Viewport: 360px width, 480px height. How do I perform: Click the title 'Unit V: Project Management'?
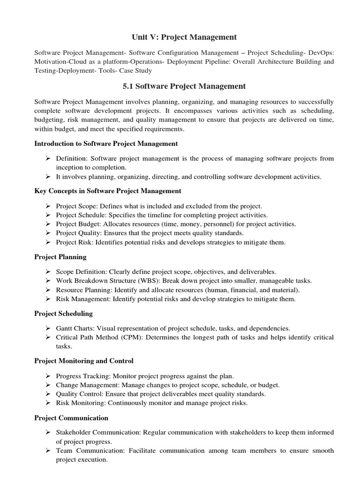pyautogui.click(x=180, y=37)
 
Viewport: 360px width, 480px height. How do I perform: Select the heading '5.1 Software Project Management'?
pyautogui.click(x=180, y=86)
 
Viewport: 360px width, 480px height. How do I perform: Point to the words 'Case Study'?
pyautogui.click(x=136, y=70)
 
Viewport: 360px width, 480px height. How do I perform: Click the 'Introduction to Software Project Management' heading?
pyautogui.click(x=106, y=143)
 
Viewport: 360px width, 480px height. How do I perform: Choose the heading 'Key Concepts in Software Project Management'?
pyautogui.click(x=108, y=191)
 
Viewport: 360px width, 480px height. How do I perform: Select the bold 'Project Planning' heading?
pyautogui.click(x=60, y=257)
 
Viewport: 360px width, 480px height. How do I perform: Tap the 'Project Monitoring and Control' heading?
pyautogui.click(x=84, y=360)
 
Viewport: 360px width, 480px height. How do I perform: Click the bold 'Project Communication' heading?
pyautogui.click(x=71, y=418)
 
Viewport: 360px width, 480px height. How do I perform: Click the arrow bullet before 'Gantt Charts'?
pyautogui.click(x=48, y=328)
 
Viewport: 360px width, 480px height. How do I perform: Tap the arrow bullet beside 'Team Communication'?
pyautogui.click(x=48, y=450)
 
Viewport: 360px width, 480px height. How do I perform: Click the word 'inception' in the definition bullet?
pyautogui.click(x=70, y=167)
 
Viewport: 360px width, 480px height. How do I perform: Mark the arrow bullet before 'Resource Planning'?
pyautogui.click(x=48, y=290)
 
